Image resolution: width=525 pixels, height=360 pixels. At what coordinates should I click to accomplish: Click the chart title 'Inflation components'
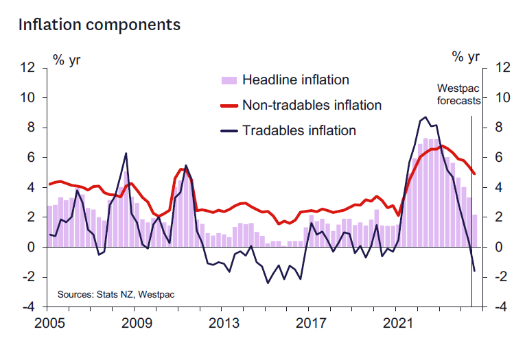pos(100,25)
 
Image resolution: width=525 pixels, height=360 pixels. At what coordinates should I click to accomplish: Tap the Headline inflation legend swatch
pos(228,80)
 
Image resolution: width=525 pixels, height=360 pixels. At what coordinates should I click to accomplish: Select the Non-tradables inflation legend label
pos(312,105)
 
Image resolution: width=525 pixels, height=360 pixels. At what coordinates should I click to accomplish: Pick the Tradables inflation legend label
pos(299,130)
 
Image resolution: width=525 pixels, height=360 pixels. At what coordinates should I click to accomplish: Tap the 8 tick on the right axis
pos(497,128)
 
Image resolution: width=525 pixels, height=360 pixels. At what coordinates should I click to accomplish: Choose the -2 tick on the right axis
pos(499,277)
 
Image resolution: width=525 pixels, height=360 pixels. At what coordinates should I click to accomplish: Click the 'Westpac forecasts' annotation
pos(459,95)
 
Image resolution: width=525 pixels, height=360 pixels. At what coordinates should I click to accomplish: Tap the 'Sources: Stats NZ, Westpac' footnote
pos(116,294)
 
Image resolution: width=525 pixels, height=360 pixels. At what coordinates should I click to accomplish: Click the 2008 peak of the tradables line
pos(126,153)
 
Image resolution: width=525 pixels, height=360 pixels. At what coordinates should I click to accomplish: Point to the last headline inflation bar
pos(474,230)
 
